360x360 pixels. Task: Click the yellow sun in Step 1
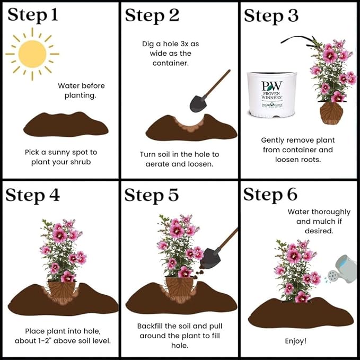[x=32, y=54]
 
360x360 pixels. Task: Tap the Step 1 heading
[x=32, y=15]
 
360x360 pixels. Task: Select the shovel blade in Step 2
[x=198, y=103]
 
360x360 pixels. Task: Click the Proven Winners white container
[x=271, y=94]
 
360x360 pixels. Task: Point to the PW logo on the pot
[x=272, y=86]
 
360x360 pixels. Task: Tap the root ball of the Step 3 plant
[x=331, y=113]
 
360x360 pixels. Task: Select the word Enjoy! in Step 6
[x=296, y=341]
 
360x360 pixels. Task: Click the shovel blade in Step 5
[x=210, y=259]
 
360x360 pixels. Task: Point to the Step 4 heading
[x=32, y=196]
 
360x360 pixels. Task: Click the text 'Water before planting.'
[x=81, y=91]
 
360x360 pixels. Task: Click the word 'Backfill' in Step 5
[x=149, y=326]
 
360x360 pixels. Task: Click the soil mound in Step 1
[x=66, y=124]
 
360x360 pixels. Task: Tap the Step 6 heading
[x=270, y=195]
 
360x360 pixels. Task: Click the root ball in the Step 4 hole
[x=62, y=292]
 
